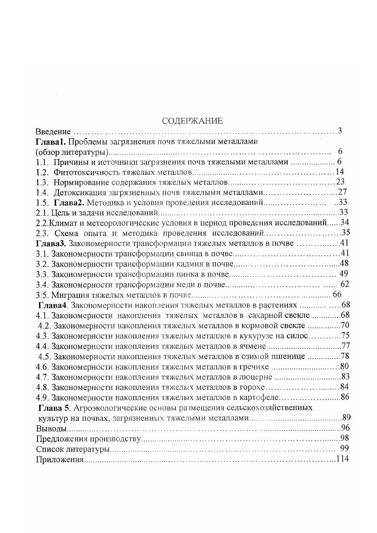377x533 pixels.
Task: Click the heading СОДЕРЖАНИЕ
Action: tap(192, 121)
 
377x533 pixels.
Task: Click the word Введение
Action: tap(53, 131)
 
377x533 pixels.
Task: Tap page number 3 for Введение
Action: tap(339, 131)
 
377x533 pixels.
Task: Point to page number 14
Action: tap(339, 172)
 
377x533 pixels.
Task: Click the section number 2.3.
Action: tap(42, 233)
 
